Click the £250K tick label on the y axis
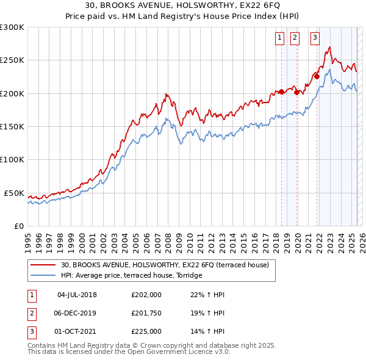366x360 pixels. (12, 60)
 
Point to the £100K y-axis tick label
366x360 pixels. (12, 160)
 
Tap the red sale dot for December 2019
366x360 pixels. (296, 93)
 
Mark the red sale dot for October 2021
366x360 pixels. (317, 77)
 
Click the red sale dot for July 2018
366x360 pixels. (281, 92)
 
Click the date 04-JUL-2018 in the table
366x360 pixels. (77, 295)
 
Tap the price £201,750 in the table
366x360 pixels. (146, 313)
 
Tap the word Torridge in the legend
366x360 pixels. (188, 276)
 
